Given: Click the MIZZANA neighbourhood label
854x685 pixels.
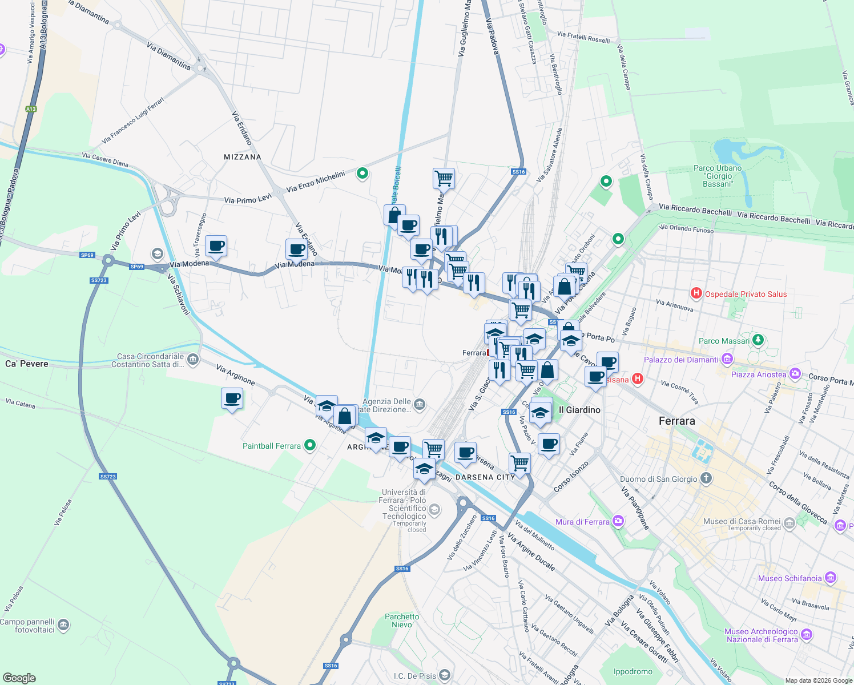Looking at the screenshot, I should pyautogui.click(x=243, y=157).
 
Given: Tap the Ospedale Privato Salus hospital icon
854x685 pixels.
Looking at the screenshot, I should pyautogui.click(x=696, y=294).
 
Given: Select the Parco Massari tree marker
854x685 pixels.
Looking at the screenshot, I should pyautogui.click(x=758, y=341).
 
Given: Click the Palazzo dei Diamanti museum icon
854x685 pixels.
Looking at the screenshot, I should pyautogui.click(x=727, y=360).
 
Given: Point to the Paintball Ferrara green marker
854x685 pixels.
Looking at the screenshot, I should pyautogui.click(x=310, y=445).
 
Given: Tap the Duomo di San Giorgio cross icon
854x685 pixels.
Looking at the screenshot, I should pyautogui.click(x=706, y=478).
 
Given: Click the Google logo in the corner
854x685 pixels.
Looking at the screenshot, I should pyautogui.click(x=19, y=678).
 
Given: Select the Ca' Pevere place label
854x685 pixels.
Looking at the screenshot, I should pyautogui.click(x=27, y=364).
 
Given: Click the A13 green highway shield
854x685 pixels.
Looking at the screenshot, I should pyautogui.click(x=31, y=109).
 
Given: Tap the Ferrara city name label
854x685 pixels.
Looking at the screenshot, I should pyautogui.click(x=676, y=421).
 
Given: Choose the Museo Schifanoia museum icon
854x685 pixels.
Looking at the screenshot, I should pyautogui.click(x=831, y=578).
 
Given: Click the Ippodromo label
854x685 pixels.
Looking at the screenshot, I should pyautogui.click(x=633, y=671).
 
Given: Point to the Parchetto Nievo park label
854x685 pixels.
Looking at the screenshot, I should pyautogui.click(x=402, y=620).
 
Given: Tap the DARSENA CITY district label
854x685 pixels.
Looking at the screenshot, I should pyautogui.click(x=485, y=477).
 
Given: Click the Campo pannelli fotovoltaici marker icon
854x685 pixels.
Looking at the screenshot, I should pyautogui.click(x=63, y=625).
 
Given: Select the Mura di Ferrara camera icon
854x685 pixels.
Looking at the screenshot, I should pyautogui.click(x=618, y=521).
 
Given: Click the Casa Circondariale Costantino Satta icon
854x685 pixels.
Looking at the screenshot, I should pyautogui.click(x=193, y=359).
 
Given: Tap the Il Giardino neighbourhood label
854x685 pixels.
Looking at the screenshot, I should pyautogui.click(x=579, y=410).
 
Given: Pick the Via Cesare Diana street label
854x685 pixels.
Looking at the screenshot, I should pyautogui.click(x=105, y=159).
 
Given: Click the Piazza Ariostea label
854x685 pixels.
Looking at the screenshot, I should pyautogui.click(x=759, y=374).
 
